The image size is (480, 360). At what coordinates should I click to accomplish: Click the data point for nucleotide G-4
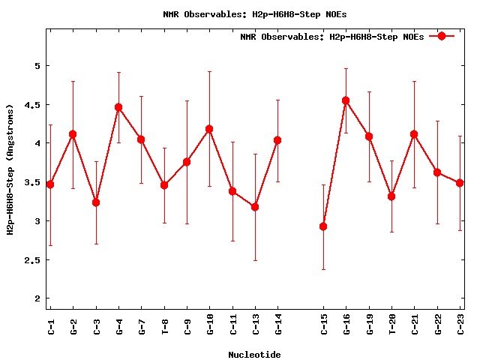[x=118, y=107]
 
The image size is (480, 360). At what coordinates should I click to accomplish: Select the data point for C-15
[x=323, y=226]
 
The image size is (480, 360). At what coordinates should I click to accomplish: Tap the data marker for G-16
[x=346, y=100]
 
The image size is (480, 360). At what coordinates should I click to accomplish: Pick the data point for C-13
[x=255, y=207]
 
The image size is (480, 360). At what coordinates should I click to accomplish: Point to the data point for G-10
[x=209, y=129]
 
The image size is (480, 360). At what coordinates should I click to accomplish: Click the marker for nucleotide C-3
[x=96, y=202]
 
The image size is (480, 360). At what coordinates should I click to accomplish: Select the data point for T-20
[x=391, y=196]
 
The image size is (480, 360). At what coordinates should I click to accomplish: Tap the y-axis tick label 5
[x=35, y=65]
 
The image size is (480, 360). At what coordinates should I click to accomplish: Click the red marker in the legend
[x=442, y=36]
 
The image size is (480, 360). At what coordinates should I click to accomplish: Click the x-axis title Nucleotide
[x=254, y=355]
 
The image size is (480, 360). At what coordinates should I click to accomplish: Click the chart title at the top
[x=254, y=13]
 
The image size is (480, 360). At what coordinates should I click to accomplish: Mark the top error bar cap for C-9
[x=187, y=100]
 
